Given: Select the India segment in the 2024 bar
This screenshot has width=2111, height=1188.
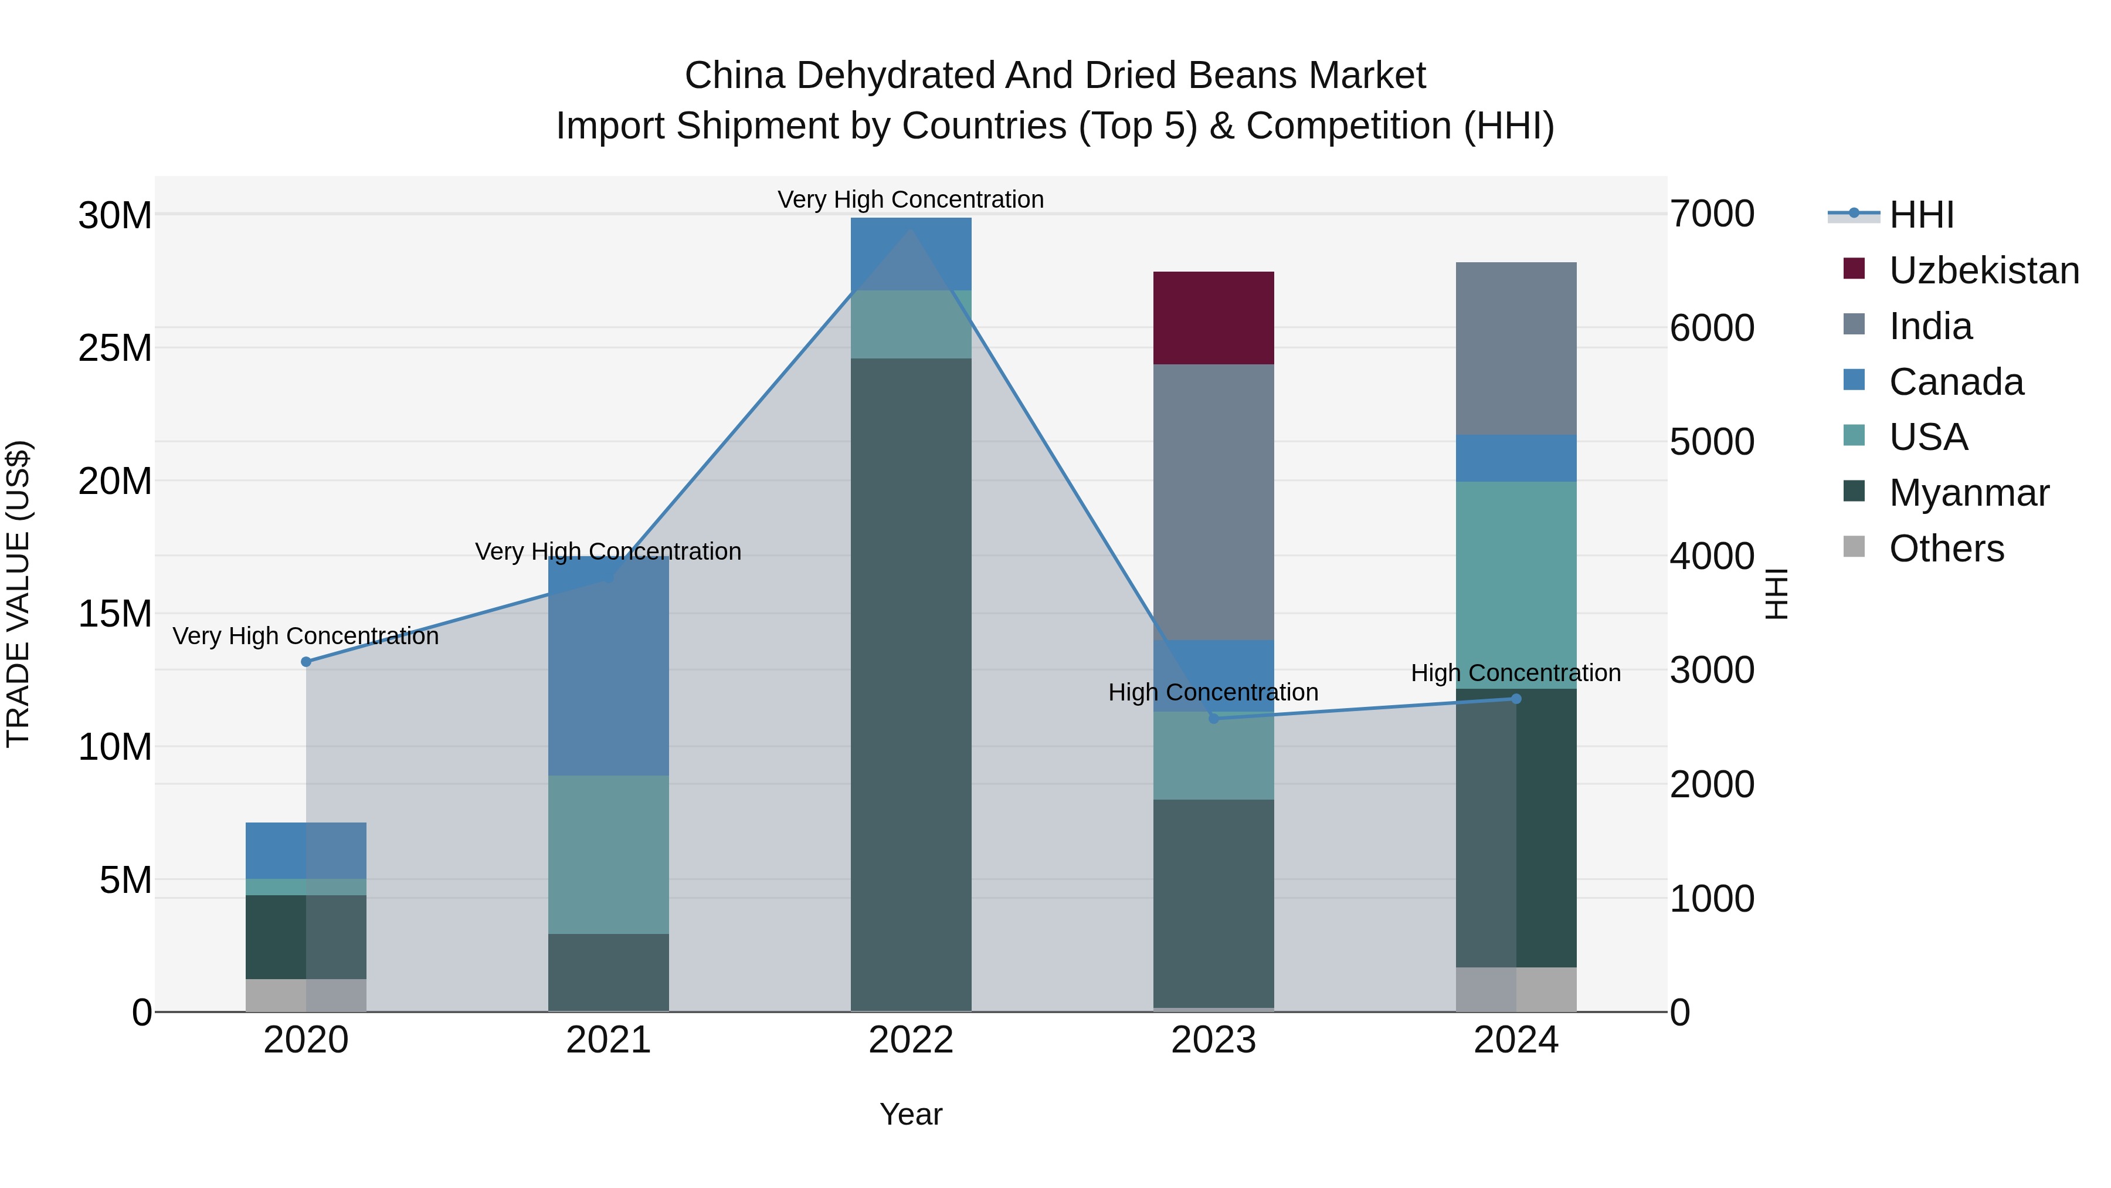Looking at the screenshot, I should tap(1515, 348).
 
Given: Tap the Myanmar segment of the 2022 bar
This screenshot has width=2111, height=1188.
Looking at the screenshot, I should tap(911, 684).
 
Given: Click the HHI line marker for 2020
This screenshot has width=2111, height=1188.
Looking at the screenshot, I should tap(306, 662).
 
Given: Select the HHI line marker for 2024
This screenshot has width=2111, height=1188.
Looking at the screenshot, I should tap(1515, 699).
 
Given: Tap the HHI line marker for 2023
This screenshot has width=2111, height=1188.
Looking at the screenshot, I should tap(1214, 718).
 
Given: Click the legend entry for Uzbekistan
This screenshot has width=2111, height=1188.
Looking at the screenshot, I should tap(1983, 270).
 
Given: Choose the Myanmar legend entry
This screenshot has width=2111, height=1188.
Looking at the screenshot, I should tap(1969, 493).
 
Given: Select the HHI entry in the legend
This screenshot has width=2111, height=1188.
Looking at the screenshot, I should tap(1921, 215).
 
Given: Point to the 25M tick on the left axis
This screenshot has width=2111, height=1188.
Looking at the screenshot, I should tap(115, 348).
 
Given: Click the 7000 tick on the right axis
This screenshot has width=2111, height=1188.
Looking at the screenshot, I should tap(1712, 214).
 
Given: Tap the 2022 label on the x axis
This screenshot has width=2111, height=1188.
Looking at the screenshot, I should tap(911, 1040).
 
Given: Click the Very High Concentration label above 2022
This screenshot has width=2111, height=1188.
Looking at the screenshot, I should tap(911, 199).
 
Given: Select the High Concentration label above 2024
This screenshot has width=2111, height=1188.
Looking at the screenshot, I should tap(1515, 673).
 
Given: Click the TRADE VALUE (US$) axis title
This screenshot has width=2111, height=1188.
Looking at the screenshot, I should tap(18, 594).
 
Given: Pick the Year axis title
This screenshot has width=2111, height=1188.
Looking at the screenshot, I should tap(911, 1114).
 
